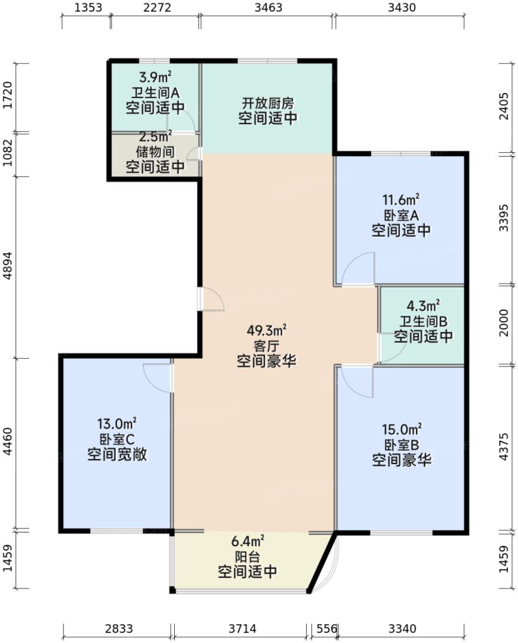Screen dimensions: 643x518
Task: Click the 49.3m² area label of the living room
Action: [266, 330]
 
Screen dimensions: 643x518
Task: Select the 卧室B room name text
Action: [402, 445]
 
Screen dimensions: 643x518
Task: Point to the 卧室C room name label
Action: [117, 440]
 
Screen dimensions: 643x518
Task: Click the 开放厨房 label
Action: [267, 103]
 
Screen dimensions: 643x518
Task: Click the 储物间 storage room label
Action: [155, 151]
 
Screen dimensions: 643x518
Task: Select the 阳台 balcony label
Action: [247, 556]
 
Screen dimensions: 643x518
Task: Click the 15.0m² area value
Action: [402, 429]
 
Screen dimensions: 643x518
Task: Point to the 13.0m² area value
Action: [117, 423]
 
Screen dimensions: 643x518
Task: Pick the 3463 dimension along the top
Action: [267, 8]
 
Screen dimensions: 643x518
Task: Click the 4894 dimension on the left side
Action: [8, 267]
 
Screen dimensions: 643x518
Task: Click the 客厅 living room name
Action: [266, 345]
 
